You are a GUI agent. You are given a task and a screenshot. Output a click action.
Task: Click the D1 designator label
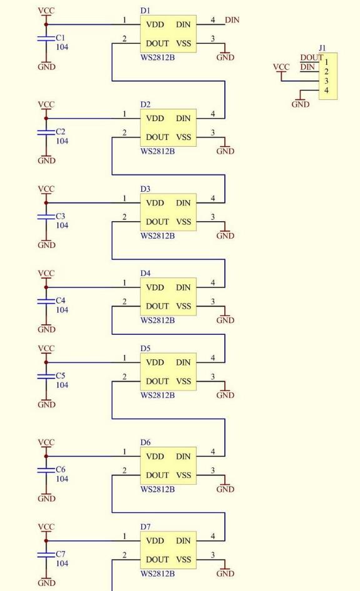[x=145, y=11]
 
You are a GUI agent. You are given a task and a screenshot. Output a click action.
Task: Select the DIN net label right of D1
[x=232, y=19]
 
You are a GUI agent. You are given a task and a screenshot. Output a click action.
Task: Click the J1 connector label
[x=322, y=48]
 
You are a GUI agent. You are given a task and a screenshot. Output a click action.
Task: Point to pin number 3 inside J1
[x=326, y=81]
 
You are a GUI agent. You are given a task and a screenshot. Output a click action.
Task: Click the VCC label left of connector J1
[x=281, y=67]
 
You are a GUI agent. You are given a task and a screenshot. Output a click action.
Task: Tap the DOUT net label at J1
[x=311, y=57]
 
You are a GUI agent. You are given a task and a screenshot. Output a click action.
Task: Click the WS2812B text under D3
[x=157, y=236]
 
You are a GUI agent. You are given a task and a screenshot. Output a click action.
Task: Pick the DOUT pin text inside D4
[x=157, y=306]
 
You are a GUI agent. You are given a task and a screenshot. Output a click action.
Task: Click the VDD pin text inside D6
[x=155, y=457]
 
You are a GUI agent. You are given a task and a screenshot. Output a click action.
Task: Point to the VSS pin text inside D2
[x=184, y=137]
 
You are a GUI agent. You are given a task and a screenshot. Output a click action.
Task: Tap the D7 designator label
[x=145, y=527]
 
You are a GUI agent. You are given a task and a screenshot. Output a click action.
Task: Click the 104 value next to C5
[x=62, y=385]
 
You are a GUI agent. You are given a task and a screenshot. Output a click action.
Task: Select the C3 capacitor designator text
[x=61, y=216]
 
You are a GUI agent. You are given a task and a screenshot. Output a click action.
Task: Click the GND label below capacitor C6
[x=46, y=499]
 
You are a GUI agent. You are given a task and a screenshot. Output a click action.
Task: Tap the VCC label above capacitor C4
[x=46, y=273]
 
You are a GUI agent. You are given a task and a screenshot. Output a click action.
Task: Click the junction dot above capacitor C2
[x=46, y=118]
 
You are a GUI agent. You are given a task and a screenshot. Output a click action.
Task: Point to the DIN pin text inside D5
[x=183, y=362]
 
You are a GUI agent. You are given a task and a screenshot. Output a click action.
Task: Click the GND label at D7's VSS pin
[x=226, y=574]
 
